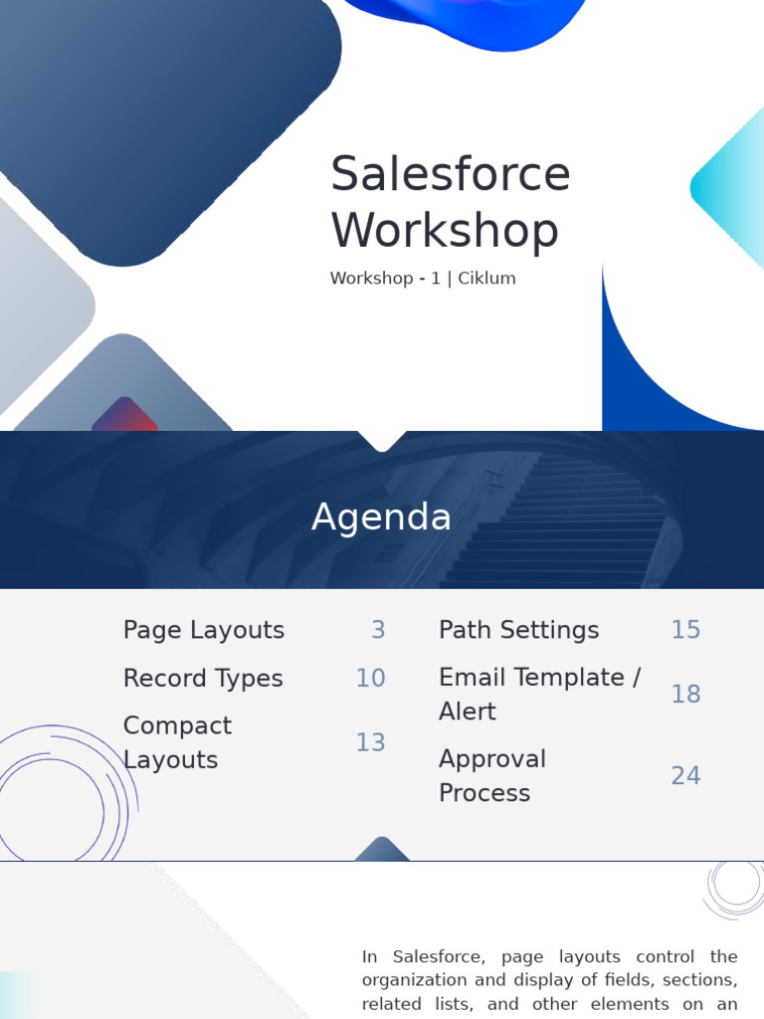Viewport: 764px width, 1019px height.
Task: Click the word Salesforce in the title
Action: pyautogui.click(x=450, y=174)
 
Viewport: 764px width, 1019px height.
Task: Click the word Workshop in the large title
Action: pyautogui.click(x=445, y=231)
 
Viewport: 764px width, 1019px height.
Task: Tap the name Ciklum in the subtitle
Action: pyautogui.click(x=486, y=279)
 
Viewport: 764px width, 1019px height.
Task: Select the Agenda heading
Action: pyautogui.click(x=381, y=517)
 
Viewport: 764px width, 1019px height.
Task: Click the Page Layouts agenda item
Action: pyautogui.click(x=203, y=630)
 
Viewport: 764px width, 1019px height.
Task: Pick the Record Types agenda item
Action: pyautogui.click(x=203, y=679)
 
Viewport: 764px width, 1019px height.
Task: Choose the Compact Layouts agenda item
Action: pyautogui.click(x=177, y=742)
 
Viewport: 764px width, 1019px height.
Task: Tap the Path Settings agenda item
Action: pyautogui.click(x=518, y=630)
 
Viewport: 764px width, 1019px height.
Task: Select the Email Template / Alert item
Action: pyautogui.click(x=538, y=694)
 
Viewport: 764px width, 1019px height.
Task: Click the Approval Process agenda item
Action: pyautogui.click(x=491, y=775)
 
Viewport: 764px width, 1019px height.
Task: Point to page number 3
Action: pyautogui.click(x=378, y=630)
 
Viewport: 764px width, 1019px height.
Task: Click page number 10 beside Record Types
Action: pyautogui.click(x=370, y=679)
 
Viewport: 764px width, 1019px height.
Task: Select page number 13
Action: pyautogui.click(x=370, y=742)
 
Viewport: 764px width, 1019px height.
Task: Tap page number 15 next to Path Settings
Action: pyautogui.click(x=685, y=630)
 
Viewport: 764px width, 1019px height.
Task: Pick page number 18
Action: pyautogui.click(x=685, y=694)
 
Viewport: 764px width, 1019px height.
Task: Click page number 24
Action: pyautogui.click(x=685, y=775)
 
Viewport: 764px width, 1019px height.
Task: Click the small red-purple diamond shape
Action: pyautogui.click(x=125, y=417)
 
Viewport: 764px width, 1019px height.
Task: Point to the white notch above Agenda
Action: pyautogui.click(x=381, y=440)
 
